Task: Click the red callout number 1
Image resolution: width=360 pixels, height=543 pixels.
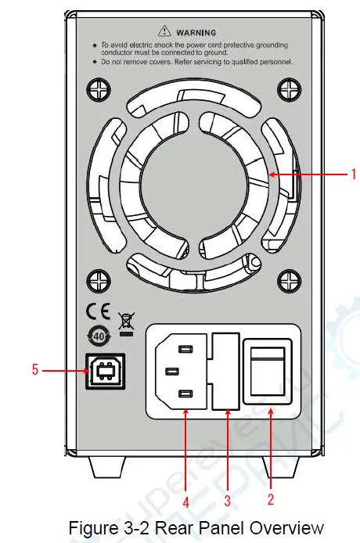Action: point(352,174)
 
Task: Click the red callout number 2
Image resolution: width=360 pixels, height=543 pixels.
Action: point(269,497)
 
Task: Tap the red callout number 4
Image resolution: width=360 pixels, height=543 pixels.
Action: point(185,502)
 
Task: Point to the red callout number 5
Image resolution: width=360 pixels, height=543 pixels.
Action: point(35,370)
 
